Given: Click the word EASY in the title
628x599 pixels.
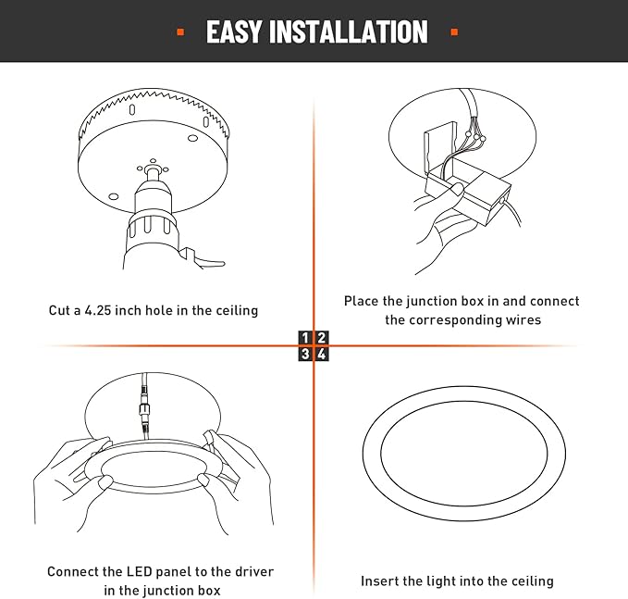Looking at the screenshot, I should [x=234, y=31].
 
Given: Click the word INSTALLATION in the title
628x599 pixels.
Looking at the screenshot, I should [x=349, y=31].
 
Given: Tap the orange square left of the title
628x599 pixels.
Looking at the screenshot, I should [x=179, y=32].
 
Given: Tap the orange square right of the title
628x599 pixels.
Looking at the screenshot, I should [x=453, y=32].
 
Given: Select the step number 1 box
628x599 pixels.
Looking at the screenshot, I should [x=306, y=338].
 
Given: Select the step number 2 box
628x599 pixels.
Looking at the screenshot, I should [x=321, y=338].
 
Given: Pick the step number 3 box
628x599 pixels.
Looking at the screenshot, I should [x=306, y=354].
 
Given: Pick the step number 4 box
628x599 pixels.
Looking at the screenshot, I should [x=321, y=354].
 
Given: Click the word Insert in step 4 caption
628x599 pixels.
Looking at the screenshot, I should [x=380, y=581].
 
